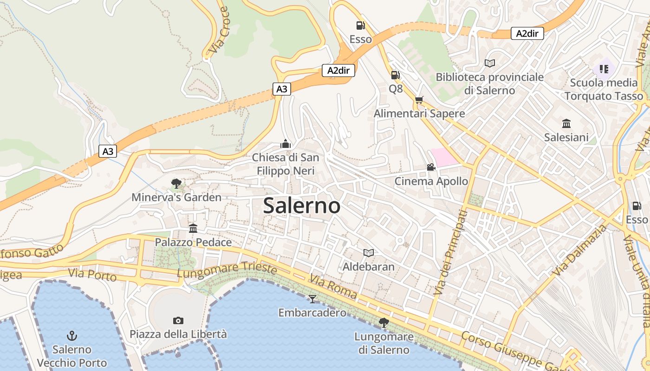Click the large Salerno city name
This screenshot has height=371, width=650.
[302, 205]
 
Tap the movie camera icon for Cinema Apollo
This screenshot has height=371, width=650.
[431, 167]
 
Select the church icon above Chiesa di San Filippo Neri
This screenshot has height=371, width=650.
[286, 144]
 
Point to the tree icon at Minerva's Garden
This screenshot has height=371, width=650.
[176, 184]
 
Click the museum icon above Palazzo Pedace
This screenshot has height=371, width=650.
[193, 228]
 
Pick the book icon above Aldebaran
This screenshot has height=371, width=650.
[369, 253]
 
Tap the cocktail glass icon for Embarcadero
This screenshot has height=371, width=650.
[312, 299]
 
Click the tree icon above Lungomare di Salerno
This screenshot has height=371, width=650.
[384, 322]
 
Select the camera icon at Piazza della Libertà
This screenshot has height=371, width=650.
[178, 320]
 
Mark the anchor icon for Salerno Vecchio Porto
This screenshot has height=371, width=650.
[72, 335]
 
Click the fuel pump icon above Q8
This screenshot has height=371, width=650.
[395, 75]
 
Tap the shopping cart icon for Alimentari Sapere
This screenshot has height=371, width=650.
[419, 100]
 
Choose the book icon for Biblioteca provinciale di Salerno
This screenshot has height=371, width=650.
[489, 63]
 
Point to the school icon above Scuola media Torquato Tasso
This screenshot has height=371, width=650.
[604, 69]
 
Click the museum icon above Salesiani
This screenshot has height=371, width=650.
[566, 123]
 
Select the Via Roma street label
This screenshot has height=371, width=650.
[333, 287]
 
